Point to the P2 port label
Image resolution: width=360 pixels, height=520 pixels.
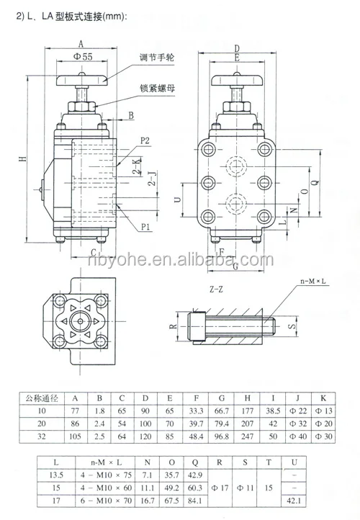point(145,140)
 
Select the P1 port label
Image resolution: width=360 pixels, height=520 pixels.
point(145,226)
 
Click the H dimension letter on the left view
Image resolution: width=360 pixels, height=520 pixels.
point(23,160)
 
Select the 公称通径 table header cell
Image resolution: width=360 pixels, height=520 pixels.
point(42,395)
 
